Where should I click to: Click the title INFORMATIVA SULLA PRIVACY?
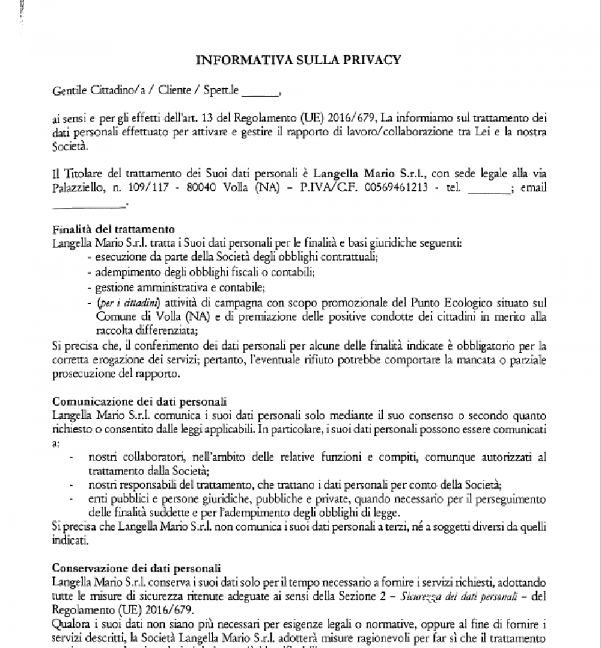(x=298, y=60)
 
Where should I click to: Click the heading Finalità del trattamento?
(x=114, y=229)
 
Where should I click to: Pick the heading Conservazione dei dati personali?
(x=137, y=567)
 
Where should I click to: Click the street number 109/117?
(x=150, y=188)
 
